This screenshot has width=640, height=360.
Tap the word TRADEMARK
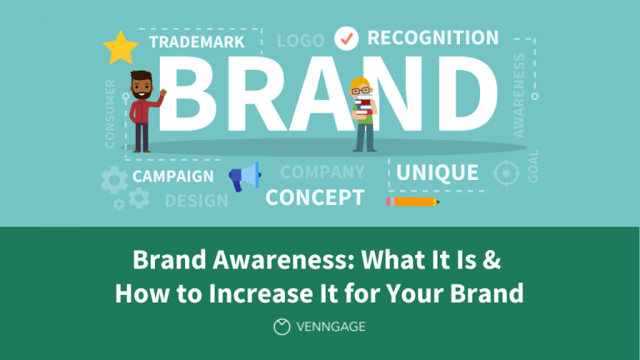(x=197, y=42)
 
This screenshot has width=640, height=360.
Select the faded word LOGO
(x=300, y=41)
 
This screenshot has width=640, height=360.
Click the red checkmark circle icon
(x=346, y=38)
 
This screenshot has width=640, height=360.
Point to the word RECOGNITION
(x=432, y=38)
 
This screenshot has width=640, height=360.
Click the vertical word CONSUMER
(x=111, y=113)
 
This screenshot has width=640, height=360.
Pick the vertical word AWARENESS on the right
(x=519, y=96)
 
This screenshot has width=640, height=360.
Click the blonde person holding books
(x=362, y=113)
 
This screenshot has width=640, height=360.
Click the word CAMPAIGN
(x=172, y=177)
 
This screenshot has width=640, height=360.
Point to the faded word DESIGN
(x=196, y=201)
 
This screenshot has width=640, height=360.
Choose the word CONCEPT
(x=314, y=197)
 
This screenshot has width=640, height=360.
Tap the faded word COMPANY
(x=322, y=172)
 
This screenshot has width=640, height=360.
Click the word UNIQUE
(x=437, y=172)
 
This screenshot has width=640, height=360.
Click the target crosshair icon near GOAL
(x=505, y=173)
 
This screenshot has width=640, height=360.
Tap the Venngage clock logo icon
(x=282, y=327)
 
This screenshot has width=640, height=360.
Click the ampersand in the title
(x=492, y=260)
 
